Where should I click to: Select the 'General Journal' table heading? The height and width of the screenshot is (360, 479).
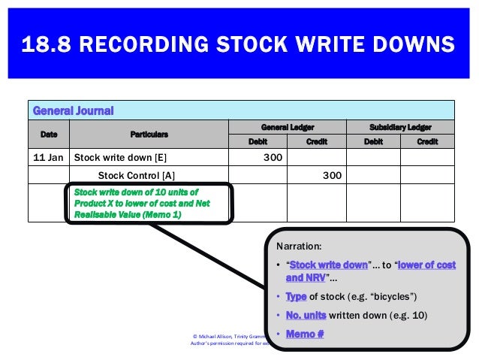73,110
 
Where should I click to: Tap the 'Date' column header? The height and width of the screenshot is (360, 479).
48,134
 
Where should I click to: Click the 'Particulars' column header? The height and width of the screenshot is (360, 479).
149,134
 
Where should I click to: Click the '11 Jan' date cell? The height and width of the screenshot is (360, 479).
47,158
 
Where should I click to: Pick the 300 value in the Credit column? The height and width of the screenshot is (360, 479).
332,175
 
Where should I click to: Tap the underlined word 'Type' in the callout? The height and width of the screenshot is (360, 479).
296,297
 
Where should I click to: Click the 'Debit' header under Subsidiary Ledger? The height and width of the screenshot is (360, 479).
372,141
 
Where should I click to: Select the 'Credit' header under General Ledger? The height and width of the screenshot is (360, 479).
317,141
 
